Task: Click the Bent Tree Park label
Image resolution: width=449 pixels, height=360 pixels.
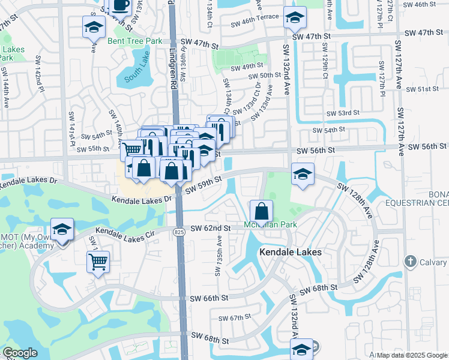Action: click(135, 41)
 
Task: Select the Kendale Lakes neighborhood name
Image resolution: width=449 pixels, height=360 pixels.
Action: click(291, 253)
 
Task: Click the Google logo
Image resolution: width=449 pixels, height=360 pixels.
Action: click(20, 353)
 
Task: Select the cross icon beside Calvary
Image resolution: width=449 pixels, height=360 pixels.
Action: click(410, 260)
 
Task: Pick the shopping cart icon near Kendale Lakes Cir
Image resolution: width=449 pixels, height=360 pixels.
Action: click(98, 261)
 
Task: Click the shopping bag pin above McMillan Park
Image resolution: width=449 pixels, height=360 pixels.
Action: click(262, 211)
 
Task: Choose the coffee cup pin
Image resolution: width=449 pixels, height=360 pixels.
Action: click(120, 5)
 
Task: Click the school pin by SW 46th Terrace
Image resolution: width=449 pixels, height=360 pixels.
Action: click(294, 18)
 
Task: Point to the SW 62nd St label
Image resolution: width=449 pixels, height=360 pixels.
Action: click(211, 228)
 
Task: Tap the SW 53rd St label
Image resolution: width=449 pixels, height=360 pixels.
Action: click(343, 113)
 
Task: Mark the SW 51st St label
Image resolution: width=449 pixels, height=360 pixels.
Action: click(423, 89)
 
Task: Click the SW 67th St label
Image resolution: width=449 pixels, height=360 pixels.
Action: click(234, 318)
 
